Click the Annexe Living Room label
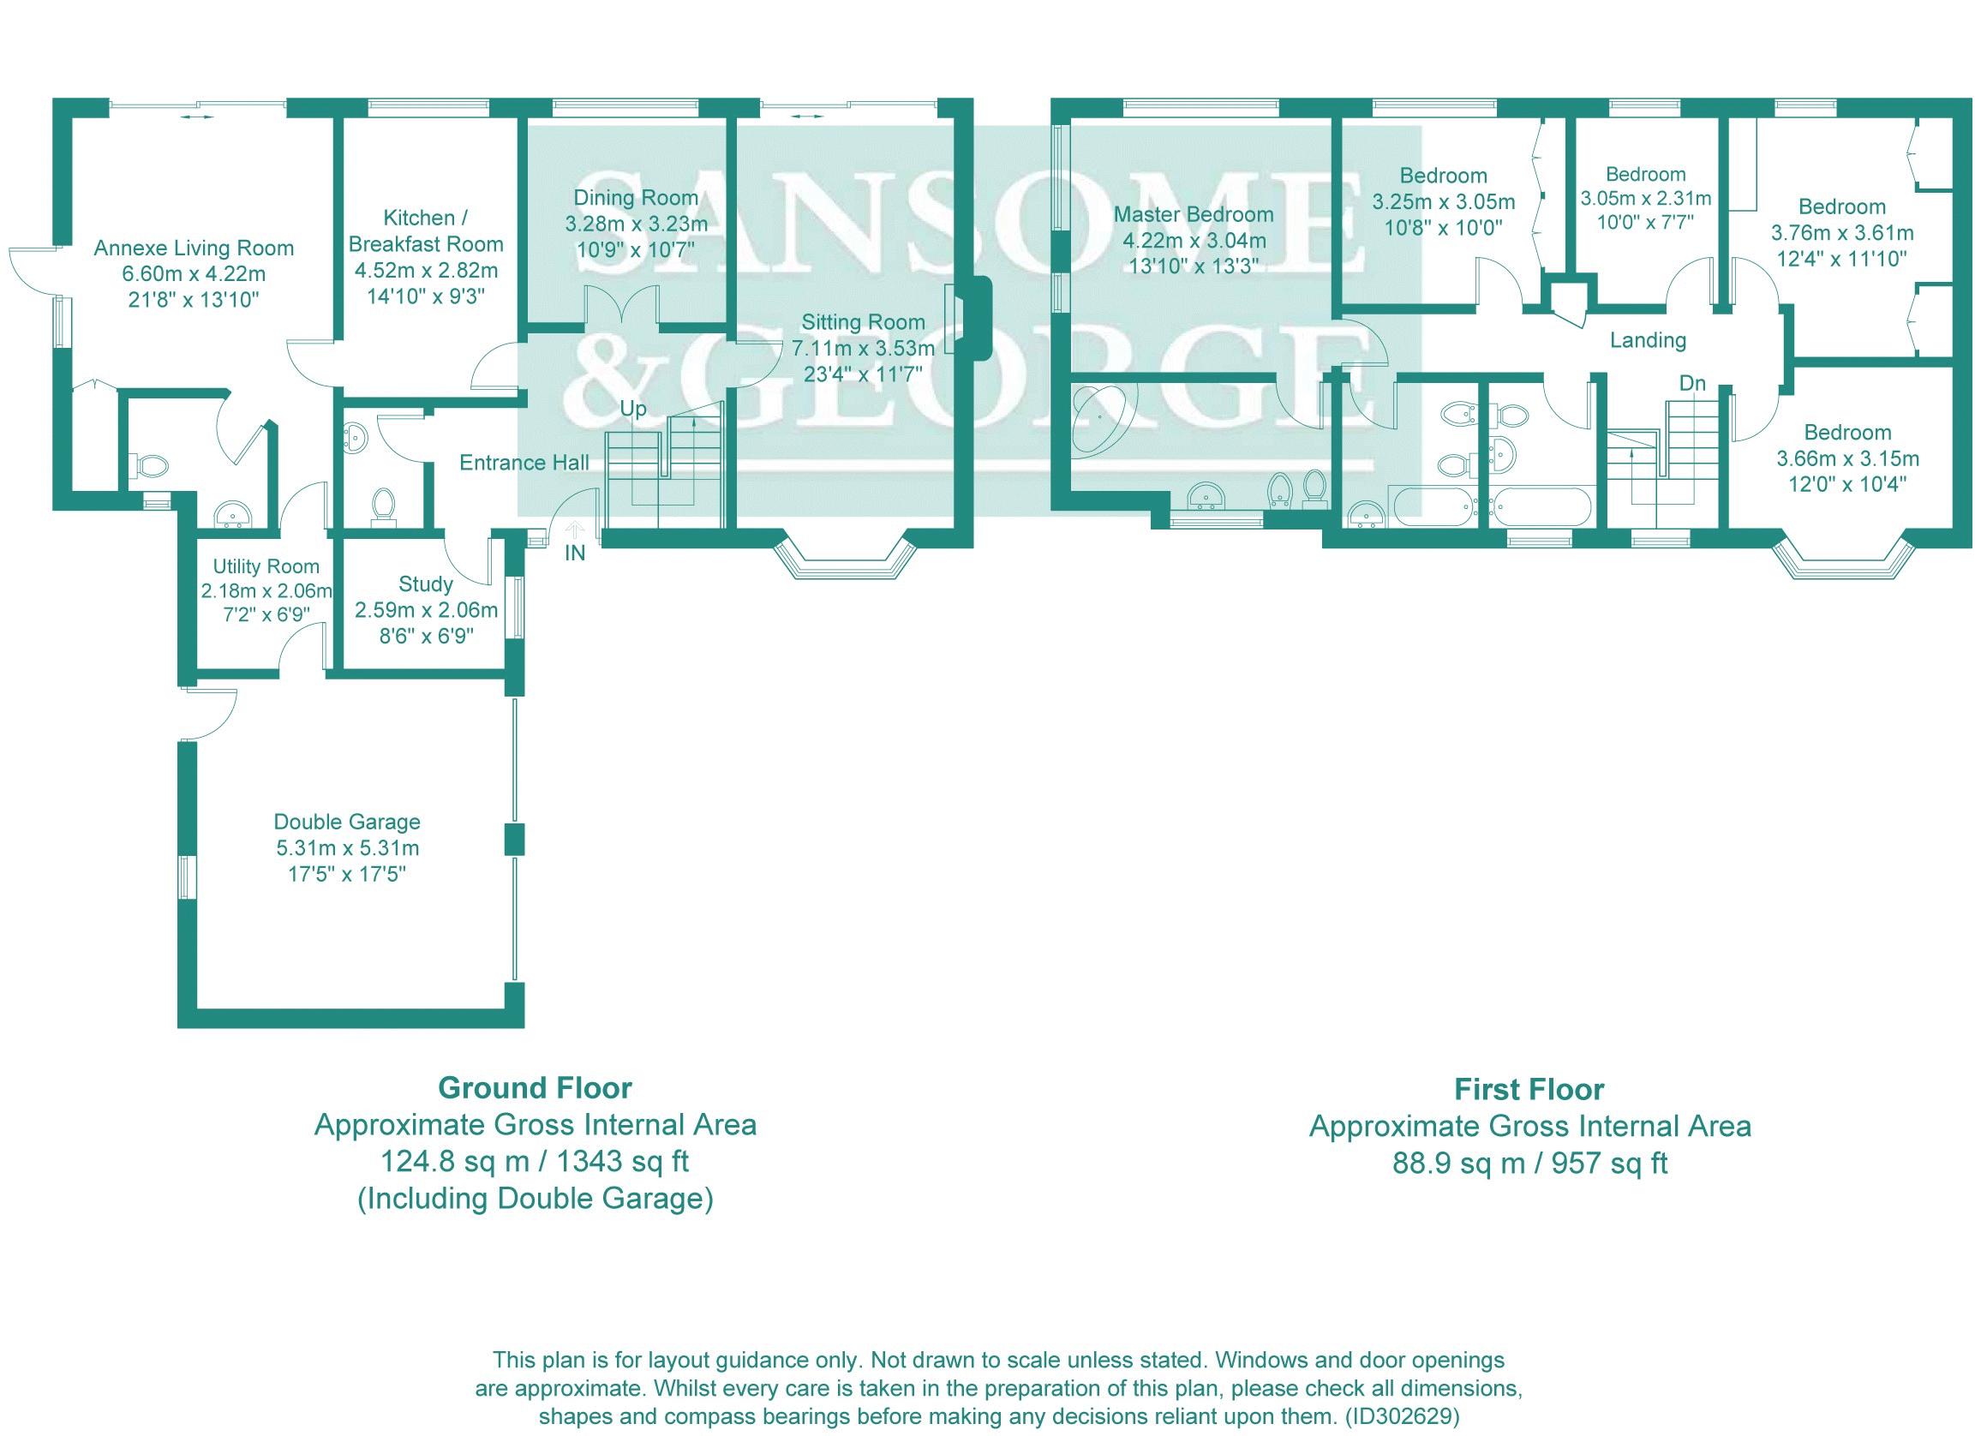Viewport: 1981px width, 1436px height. coord(194,248)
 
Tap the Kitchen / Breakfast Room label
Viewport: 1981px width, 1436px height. coord(426,230)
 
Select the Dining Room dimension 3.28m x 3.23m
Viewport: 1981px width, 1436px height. coord(636,224)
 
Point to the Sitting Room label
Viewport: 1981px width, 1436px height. coord(863,322)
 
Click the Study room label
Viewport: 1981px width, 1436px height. coord(425,584)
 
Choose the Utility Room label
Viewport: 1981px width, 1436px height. coord(266,567)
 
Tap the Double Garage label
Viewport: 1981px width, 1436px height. coord(347,822)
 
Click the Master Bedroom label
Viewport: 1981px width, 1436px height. coord(1194,215)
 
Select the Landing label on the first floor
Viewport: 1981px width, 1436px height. coord(1649,340)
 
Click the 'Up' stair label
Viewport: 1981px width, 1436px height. coord(633,409)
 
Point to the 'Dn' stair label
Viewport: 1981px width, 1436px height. coord(1692,384)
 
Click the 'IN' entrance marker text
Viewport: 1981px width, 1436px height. coord(575,553)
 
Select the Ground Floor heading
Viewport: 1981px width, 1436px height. coord(535,1088)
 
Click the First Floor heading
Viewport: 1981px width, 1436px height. coord(1529,1090)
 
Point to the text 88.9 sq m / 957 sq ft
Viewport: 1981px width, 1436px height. coord(1529,1164)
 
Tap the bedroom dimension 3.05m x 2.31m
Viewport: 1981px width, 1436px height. coord(1646,198)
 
